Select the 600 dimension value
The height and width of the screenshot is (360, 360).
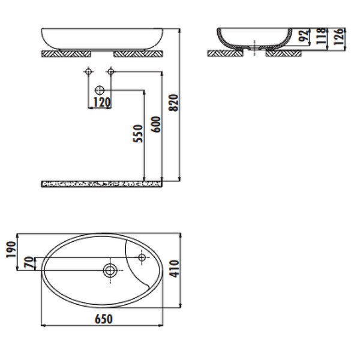157,124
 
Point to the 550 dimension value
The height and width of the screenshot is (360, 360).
137,133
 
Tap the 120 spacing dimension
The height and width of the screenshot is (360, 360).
101,103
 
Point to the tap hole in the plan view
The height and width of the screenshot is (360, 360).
142,258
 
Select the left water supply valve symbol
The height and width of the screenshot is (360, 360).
89,72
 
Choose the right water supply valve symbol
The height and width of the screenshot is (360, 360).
110,72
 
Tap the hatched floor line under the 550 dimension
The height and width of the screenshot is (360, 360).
102,183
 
